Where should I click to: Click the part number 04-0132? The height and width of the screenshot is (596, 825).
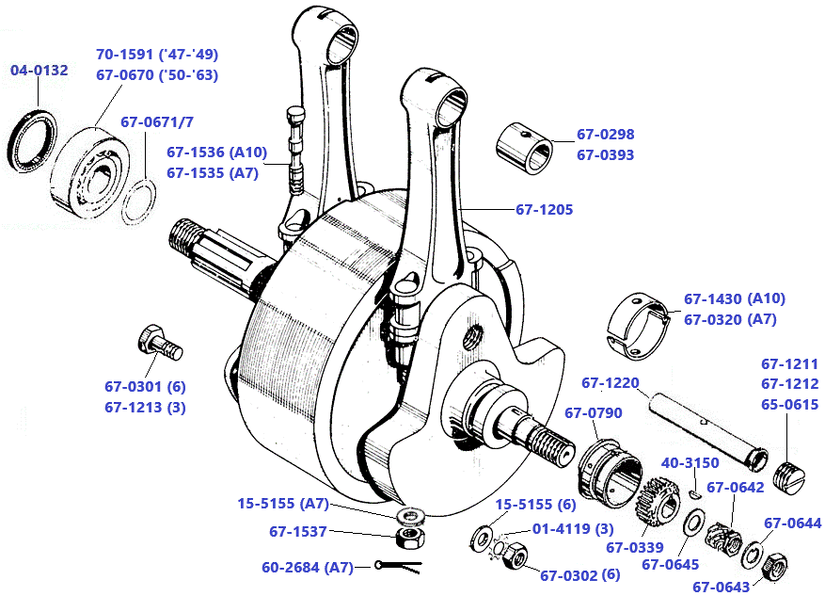point(40,71)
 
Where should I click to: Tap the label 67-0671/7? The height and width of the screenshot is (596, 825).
point(157,122)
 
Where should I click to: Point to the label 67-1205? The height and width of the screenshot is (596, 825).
point(544,209)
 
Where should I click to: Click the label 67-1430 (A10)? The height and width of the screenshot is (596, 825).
point(734,298)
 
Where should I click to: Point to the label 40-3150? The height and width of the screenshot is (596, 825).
point(690,463)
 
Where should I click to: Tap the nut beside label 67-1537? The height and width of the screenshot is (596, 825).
point(409,538)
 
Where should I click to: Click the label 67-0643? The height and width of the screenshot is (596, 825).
point(722,586)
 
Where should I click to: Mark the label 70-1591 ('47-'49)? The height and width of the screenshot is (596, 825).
point(157,55)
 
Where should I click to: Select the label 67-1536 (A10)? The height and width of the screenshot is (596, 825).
point(217,152)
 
